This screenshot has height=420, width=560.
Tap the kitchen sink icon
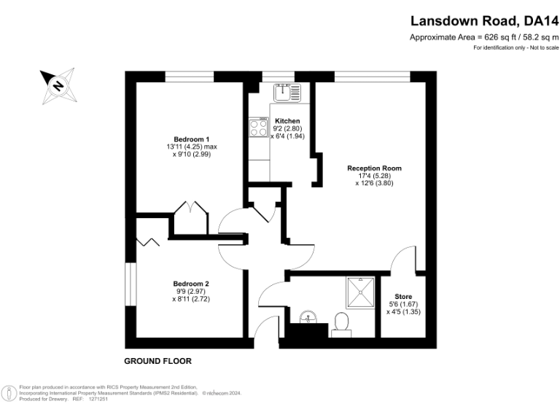[x=287, y=92]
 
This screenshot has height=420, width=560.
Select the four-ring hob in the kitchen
[x=259, y=128]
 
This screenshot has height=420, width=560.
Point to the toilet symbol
[x=341, y=324]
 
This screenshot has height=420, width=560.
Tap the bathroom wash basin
[x=308, y=316]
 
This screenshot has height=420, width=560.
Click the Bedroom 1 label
[x=191, y=139]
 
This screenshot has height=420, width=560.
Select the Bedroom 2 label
[x=191, y=284]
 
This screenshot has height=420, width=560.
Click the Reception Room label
[x=374, y=168]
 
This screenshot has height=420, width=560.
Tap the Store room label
[x=403, y=296]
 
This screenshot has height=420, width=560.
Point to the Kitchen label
[x=287, y=121]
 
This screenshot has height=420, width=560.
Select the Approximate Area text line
[x=483, y=37]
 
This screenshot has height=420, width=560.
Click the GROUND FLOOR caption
[x=157, y=361]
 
